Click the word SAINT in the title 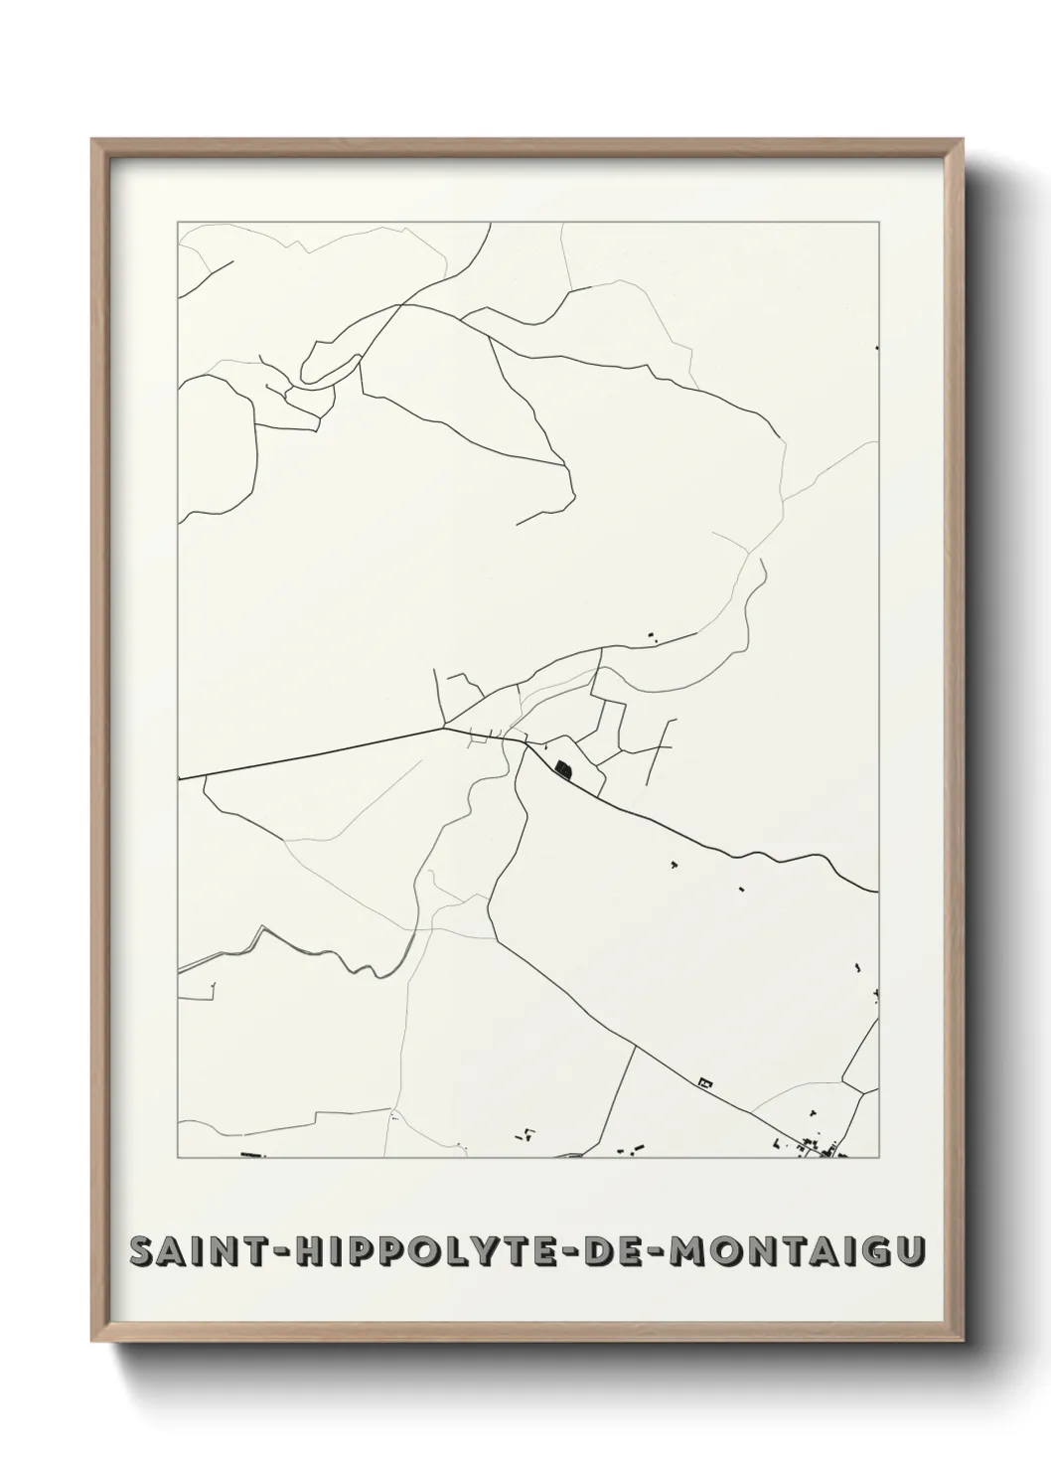click(x=193, y=1251)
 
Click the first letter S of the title click(x=144, y=1251)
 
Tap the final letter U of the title click(x=905, y=1251)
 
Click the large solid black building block click(x=564, y=768)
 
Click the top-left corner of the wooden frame click(x=93, y=140)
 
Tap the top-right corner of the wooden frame click(x=961, y=140)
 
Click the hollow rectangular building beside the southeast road click(x=707, y=1081)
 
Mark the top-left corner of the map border click(x=179, y=223)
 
